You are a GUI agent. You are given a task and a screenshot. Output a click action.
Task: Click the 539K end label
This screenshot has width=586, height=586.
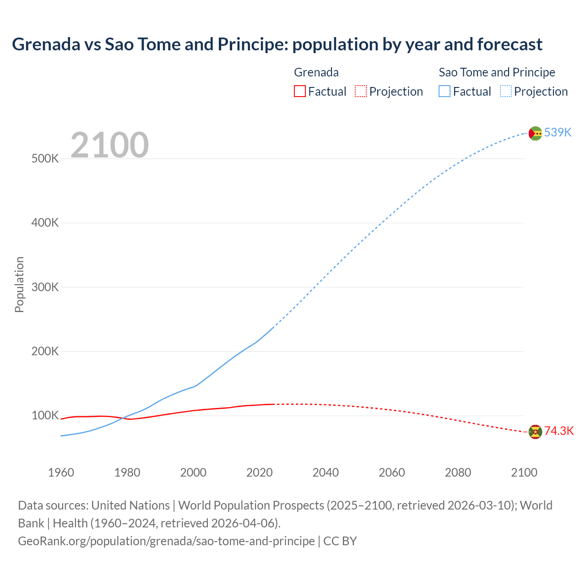[x=558, y=132]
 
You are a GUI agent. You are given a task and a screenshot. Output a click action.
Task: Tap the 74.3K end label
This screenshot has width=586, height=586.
[x=559, y=431]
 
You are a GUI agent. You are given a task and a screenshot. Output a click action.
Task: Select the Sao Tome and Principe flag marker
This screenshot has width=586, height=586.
[x=535, y=133]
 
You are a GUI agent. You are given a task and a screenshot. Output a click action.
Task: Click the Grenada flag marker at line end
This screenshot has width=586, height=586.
[x=535, y=431]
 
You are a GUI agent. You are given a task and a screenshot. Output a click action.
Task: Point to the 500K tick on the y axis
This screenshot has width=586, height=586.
[x=45, y=159]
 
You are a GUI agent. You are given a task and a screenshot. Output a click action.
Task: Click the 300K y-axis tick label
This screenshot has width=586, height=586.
[x=45, y=287]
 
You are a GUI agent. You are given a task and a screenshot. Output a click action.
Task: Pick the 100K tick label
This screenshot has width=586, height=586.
[x=45, y=416]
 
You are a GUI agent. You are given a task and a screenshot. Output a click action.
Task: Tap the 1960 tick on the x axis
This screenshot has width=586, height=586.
[x=61, y=472]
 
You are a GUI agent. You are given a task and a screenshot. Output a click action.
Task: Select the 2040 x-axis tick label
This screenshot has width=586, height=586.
[x=326, y=472]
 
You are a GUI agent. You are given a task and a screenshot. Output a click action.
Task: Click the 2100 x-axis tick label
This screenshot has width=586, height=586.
[x=524, y=472]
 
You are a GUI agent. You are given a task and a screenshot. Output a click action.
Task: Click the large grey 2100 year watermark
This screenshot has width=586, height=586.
[x=109, y=145]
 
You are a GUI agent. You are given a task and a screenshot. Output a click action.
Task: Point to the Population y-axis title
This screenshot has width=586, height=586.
[x=19, y=284]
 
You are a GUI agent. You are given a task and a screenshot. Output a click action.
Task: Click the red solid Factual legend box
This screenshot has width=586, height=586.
[x=299, y=91]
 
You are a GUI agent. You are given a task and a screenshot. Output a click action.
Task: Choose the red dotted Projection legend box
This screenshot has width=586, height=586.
[x=361, y=91]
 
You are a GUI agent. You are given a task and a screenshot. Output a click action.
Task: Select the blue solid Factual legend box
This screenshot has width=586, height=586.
[x=444, y=91]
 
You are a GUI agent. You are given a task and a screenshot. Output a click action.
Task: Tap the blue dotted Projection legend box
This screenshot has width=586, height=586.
[x=505, y=91]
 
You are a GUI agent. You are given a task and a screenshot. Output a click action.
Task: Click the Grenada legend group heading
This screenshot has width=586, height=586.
[x=316, y=72]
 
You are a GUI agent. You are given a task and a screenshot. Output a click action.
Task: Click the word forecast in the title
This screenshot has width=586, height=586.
[x=510, y=44]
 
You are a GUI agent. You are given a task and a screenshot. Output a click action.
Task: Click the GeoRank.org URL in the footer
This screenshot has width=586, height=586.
[x=166, y=541]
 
